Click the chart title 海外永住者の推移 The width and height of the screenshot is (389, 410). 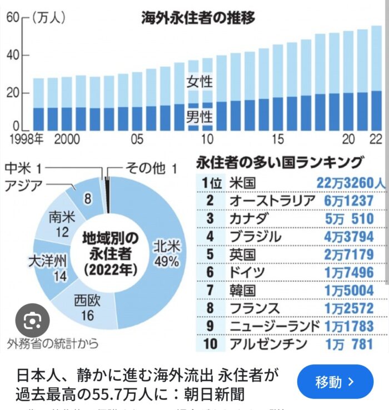click(x=198, y=18)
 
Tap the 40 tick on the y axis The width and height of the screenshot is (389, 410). click(x=13, y=55)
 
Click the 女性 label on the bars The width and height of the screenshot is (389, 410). click(x=199, y=82)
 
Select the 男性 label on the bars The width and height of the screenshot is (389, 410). click(x=199, y=117)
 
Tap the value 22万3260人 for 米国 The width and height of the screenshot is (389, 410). click(x=350, y=183)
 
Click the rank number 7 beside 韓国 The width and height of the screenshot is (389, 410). click(x=210, y=291)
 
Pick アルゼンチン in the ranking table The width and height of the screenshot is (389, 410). click(x=268, y=344)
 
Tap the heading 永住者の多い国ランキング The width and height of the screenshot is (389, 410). click(x=280, y=163)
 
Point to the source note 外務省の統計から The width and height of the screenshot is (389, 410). click(x=53, y=343)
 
